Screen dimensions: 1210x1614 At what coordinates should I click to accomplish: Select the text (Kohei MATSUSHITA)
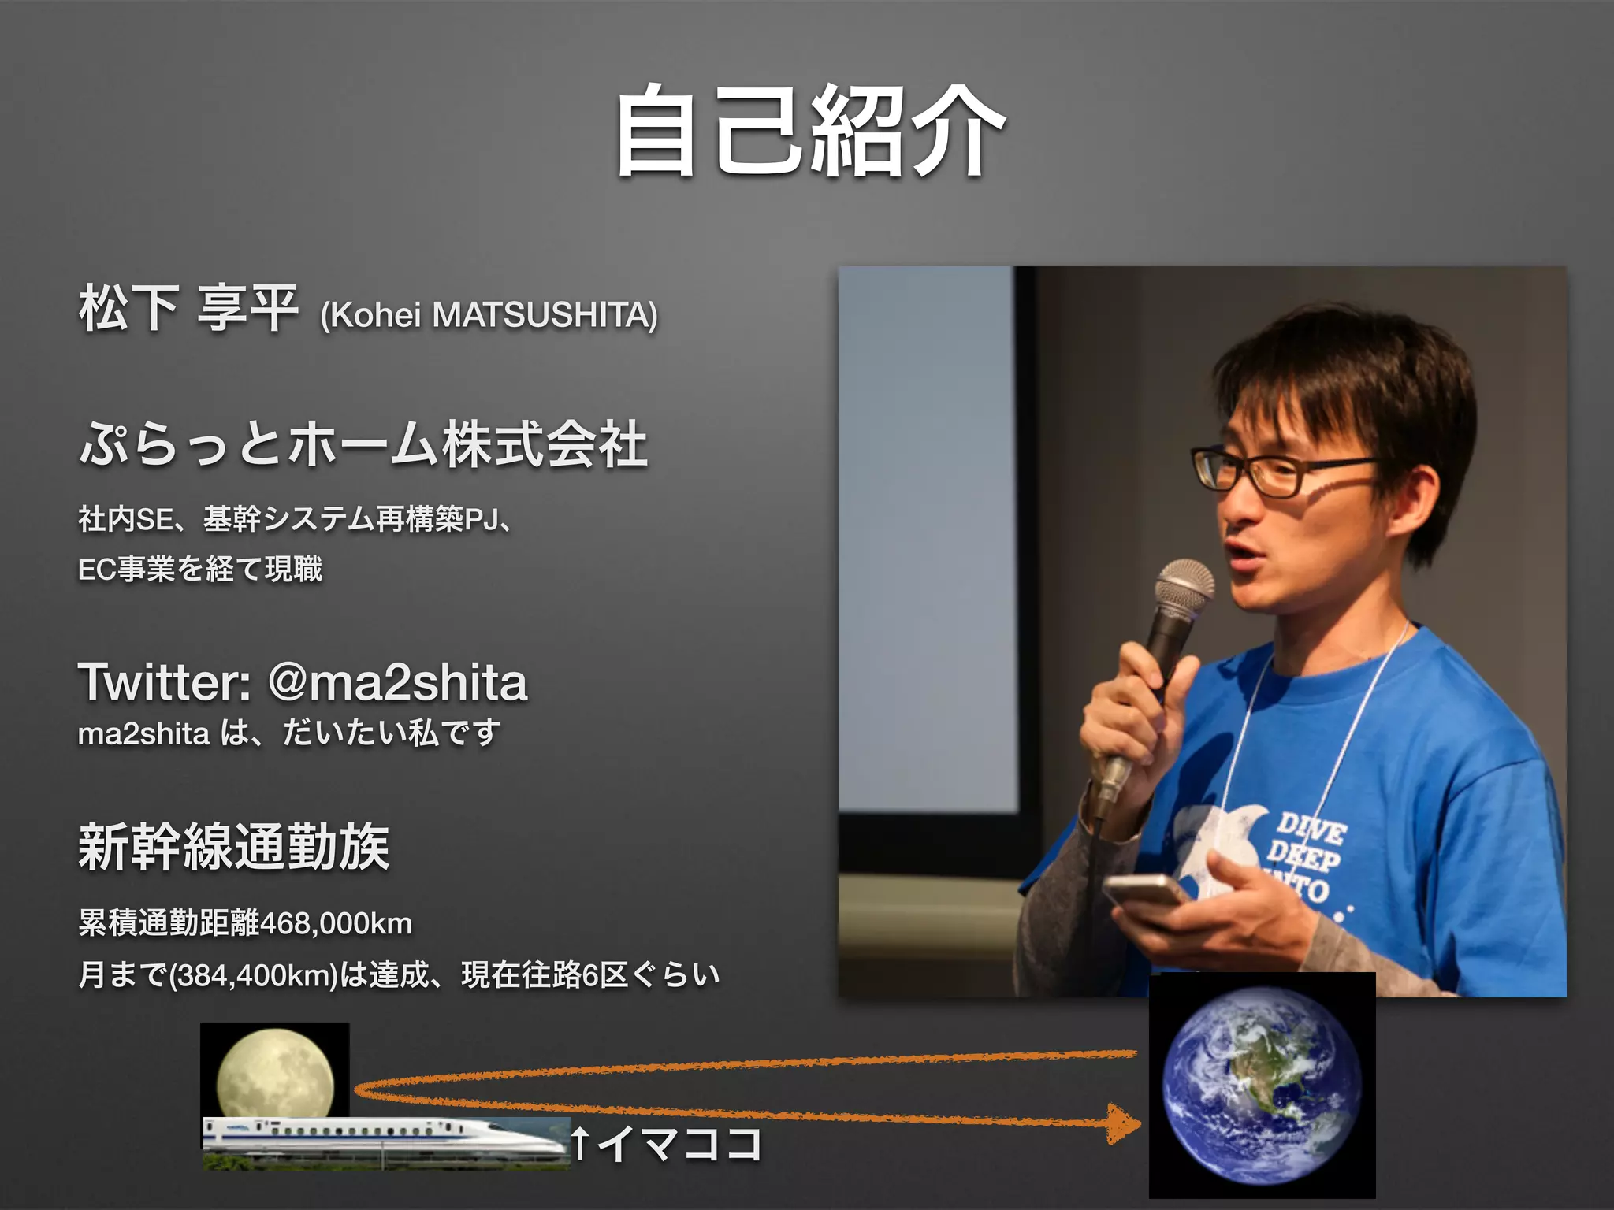click(x=489, y=315)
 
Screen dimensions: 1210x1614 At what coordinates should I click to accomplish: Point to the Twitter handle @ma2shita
click(x=398, y=682)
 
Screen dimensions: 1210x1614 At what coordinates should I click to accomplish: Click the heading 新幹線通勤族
click(x=233, y=847)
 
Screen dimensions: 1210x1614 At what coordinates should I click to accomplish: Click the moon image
click(x=274, y=1071)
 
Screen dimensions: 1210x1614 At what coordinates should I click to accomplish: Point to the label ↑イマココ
click(x=666, y=1143)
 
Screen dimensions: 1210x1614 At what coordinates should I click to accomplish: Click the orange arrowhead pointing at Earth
click(x=1123, y=1123)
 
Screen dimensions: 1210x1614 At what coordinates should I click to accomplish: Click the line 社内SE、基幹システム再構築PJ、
click(x=296, y=519)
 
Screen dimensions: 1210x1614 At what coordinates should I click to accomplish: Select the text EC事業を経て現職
click(x=200, y=569)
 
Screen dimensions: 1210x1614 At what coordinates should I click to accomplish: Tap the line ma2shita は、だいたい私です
click(x=289, y=733)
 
